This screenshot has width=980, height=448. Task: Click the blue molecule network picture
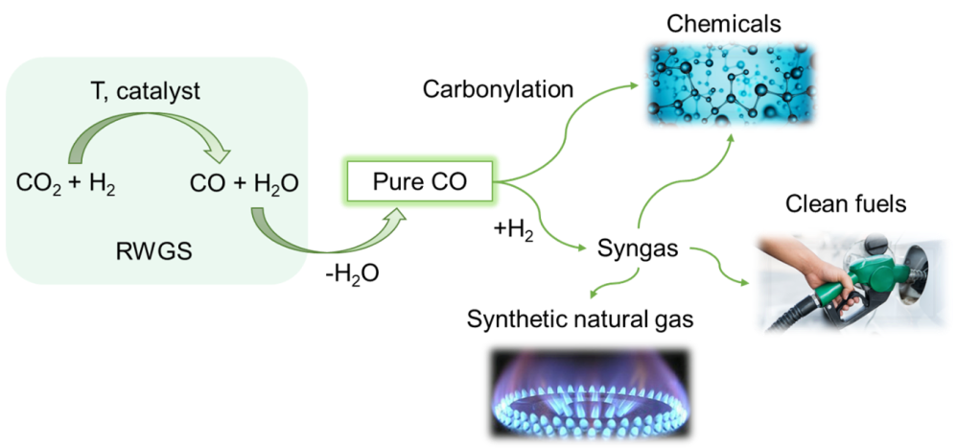(731, 84)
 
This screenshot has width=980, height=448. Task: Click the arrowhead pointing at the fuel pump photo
(745, 282)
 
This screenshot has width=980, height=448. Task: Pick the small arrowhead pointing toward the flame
(594, 294)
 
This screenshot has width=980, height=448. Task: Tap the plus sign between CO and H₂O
(240, 183)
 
